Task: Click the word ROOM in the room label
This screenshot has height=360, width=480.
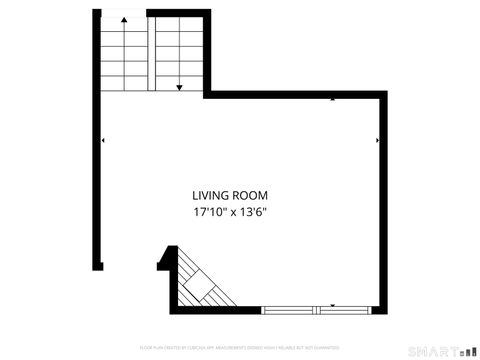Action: [x=252, y=195]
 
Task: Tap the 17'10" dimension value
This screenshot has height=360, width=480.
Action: [x=209, y=212]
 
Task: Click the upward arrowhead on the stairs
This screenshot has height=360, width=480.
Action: [x=124, y=22]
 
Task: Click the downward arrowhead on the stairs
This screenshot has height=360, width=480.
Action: [x=178, y=88]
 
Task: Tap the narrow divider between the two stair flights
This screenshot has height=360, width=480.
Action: [x=151, y=50]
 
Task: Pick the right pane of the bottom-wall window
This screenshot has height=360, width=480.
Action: [x=349, y=309]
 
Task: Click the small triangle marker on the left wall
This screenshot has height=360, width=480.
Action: [x=103, y=141]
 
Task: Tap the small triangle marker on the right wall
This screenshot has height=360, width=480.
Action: [x=377, y=141]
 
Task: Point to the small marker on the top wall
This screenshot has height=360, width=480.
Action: [x=333, y=100]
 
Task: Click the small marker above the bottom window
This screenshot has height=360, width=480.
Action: [x=333, y=304]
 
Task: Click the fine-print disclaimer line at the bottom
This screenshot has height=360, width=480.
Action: [x=239, y=347]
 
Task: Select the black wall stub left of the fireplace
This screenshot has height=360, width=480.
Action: [x=162, y=262]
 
